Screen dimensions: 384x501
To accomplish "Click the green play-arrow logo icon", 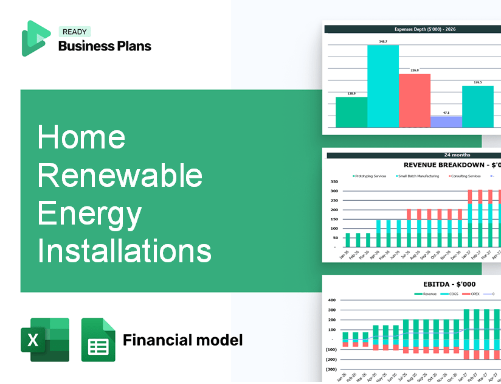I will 36,38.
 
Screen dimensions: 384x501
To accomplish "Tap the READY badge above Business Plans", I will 74,32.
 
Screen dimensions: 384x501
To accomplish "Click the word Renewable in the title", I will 120,176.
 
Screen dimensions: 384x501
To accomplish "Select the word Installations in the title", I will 125,251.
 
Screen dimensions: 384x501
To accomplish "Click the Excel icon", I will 45,340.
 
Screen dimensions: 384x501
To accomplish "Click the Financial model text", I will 182,340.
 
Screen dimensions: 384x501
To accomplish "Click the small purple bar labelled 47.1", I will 446,122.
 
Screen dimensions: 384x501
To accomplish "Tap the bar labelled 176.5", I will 478,106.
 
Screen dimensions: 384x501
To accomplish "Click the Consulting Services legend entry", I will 466,176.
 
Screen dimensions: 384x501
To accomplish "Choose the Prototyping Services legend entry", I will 371,176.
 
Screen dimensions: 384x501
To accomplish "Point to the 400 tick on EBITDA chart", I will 331,300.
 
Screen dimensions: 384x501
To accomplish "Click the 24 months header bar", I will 413,155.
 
